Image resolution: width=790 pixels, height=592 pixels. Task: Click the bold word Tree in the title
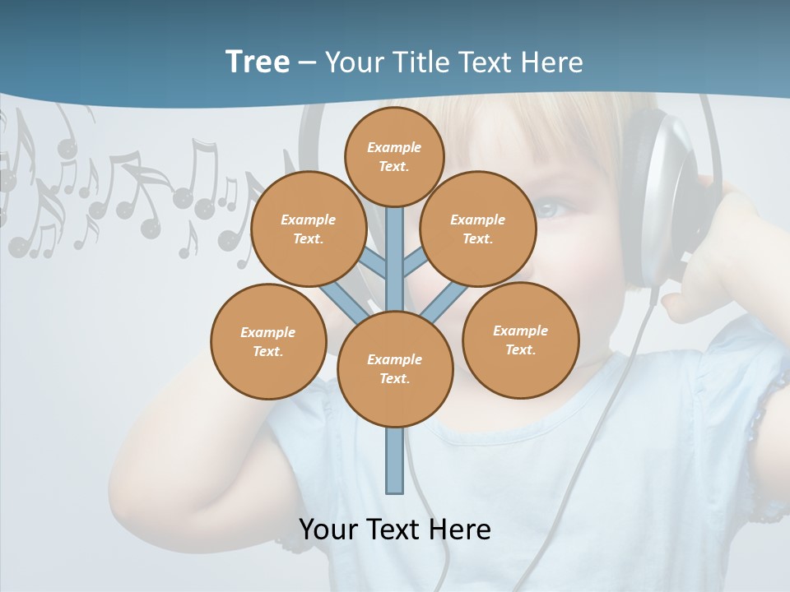click(x=257, y=62)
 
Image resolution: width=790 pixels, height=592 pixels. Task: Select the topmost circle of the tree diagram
click(x=394, y=156)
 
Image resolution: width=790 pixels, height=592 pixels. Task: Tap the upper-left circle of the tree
click(x=309, y=229)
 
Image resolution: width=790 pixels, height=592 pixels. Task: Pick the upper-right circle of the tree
click(x=477, y=229)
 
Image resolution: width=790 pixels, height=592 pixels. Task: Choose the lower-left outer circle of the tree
click(x=268, y=341)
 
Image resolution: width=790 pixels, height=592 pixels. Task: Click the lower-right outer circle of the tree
click(x=520, y=340)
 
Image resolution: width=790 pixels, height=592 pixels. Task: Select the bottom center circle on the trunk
click(x=395, y=369)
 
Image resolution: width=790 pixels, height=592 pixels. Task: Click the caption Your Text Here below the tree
click(x=395, y=529)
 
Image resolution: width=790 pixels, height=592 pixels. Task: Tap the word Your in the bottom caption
click(x=328, y=529)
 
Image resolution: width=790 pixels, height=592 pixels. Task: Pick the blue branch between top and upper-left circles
click(x=374, y=265)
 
